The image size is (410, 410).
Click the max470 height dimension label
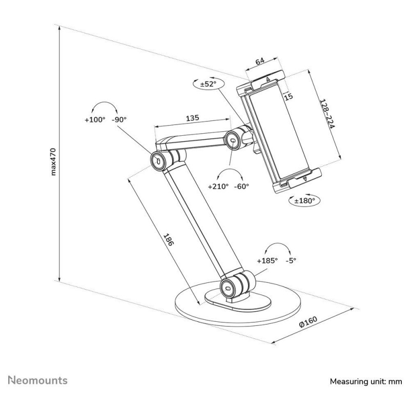click(x=53, y=161)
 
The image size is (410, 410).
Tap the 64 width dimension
click(x=260, y=61)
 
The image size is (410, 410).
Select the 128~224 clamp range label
click(x=327, y=114)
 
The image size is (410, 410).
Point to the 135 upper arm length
click(x=193, y=118)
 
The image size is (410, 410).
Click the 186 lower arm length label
click(x=168, y=240)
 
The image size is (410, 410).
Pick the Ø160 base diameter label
click(x=309, y=322)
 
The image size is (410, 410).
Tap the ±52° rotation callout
click(x=209, y=84)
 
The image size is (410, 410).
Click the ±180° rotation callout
click(x=304, y=200)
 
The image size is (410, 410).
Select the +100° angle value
click(x=95, y=120)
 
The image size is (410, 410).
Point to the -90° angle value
click(x=119, y=119)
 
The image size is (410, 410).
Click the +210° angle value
click(x=218, y=187)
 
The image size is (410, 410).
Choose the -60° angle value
click(x=242, y=187)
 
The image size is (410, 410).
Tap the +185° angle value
click(x=267, y=261)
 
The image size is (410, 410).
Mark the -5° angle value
click(x=291, y=260)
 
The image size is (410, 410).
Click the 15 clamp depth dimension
click(x=289, y=97)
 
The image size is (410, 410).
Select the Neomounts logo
click(x=37, y=380)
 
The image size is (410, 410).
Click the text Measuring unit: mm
click(x=366, y=381)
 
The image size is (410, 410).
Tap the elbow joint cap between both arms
click(x=158, y=161)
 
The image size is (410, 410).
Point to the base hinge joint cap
click(x=228, y=288)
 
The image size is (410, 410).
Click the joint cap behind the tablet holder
click(x=233, y=140)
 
